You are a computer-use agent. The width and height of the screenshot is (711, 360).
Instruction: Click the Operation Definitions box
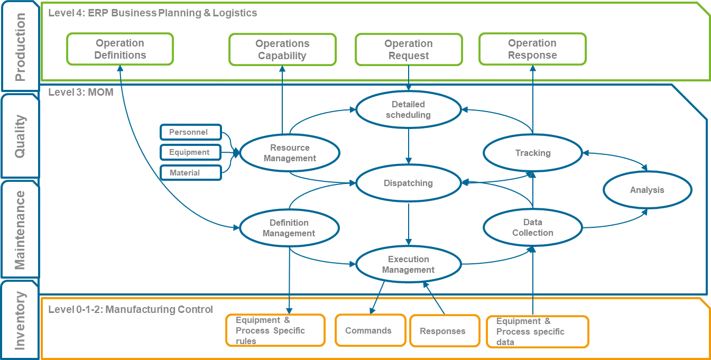click(x=120, y=49)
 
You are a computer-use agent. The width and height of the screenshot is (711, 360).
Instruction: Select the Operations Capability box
click(x=282, y=50)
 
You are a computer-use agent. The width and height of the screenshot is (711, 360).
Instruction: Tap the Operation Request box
click(x=409, y=50)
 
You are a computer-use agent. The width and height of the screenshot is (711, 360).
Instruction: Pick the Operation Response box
click(x=532, y=49)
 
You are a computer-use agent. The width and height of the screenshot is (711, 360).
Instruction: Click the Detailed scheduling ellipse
click(x=408, y=110)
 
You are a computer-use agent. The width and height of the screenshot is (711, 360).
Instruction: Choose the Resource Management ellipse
click(x=290, y=153)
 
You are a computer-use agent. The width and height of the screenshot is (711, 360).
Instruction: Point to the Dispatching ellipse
click(x=408, y=183)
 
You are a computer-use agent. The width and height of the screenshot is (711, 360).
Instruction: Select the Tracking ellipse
click(x=533, y=153)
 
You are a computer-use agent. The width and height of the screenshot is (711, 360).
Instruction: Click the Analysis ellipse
click(x=647, y=190)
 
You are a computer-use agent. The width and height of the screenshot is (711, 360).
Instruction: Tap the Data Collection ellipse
click(x=533, y=227)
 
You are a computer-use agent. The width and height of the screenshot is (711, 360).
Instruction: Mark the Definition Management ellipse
click(x=289, y=228)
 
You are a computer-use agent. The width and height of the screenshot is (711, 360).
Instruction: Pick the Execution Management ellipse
click(x=408, y=264)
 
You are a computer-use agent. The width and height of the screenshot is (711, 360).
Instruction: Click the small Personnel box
click(x=190, y=132)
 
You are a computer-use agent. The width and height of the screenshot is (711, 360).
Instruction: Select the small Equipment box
click(x=190, y=152)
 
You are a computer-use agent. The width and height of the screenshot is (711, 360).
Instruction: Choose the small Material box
click(x=190, y=173)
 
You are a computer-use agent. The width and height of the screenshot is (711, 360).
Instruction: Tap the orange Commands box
click(x=368, y=331)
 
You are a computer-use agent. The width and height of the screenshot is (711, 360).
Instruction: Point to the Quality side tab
click(x=20, y=136)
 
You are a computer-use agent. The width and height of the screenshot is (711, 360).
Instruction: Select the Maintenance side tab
click(x=20, y=230)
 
